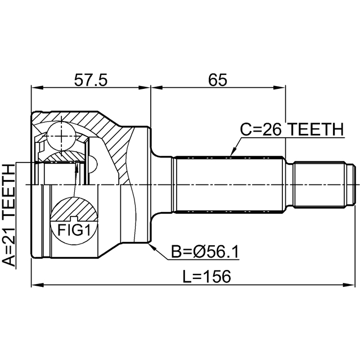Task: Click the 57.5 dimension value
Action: pyautogui.click(x=91, y=80)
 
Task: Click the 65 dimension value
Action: pyautogui.click(x=218, y=80)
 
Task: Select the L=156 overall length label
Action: pyautogui.click(x=206, y=276)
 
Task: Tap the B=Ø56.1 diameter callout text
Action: pyautogui.click(x=205, y=252)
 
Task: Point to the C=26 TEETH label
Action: pyautogui.click(x=292, y=129)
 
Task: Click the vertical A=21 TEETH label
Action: pyautogui.click(x=9, y=215)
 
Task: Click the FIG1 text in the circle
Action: pyautogui.click(x=74, y=230)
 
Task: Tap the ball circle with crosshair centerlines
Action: pyautogui.click(x=61, y=136)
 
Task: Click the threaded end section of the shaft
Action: pyautogui.click(x=320, y=185)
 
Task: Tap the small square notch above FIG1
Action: pyautogui.click(x=74, y=219)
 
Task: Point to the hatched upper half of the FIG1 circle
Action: pyautogui.click(x=74, y=209)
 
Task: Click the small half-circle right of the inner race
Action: pyautogui.click(x=93, y=164)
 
